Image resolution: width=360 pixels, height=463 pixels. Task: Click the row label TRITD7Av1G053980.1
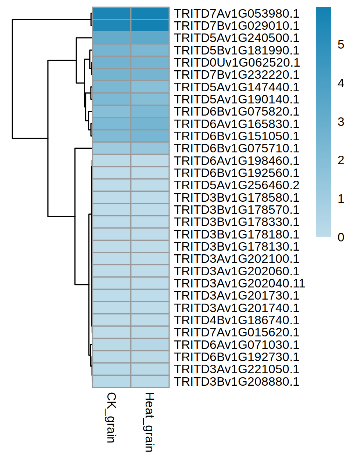236,14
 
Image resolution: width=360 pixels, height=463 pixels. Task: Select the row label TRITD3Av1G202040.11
239,283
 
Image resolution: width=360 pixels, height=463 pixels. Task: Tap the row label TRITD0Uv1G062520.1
237,63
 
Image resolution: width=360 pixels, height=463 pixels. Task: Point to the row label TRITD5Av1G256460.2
236,185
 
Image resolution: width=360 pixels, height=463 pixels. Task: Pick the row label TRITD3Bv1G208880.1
236,382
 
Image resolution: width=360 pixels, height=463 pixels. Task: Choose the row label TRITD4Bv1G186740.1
236,320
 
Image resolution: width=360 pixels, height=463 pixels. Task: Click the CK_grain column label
111,417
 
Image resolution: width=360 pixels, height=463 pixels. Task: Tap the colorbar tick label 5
341,45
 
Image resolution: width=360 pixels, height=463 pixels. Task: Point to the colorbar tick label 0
341,237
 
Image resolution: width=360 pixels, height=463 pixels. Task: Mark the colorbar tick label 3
341,122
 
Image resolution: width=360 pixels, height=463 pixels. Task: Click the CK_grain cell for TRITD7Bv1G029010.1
111,26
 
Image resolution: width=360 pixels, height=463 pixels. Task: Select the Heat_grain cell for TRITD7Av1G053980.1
150,14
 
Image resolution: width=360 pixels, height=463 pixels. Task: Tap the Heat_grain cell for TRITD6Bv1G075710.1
150,148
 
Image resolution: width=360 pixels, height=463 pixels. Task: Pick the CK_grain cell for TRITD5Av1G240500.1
111,38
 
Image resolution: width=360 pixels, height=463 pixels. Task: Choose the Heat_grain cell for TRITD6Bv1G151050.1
150,136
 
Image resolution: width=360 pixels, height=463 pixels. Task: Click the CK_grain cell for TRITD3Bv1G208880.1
111,382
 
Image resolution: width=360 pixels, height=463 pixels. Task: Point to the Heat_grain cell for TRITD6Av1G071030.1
150,345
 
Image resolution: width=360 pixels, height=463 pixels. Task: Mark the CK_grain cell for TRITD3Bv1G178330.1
111,222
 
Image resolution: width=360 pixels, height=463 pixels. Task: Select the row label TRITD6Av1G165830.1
236,124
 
